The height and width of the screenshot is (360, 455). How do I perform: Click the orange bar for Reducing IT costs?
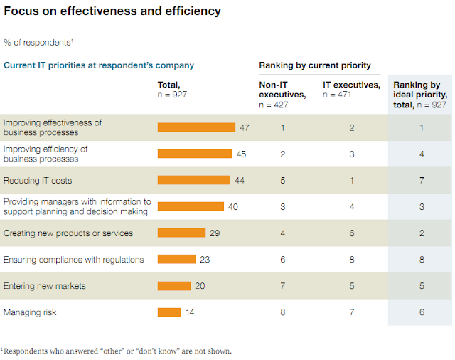point(193,180)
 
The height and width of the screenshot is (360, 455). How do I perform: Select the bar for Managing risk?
point(169,312)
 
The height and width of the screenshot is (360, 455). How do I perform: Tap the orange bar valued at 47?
point(196,127)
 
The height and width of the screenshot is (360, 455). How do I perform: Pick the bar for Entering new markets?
point(173,285)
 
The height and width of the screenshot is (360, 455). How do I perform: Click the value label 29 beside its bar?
point(215,233)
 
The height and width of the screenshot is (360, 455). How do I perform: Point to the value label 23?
point(205,259)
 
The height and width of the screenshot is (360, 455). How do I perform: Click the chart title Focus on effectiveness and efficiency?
point(112,11)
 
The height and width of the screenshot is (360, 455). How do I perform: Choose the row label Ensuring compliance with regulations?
point(74,259)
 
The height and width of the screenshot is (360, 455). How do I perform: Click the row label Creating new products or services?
point(68,233)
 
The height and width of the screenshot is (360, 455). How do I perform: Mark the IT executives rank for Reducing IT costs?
point(351,180)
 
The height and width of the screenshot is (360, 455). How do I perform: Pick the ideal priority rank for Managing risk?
point(422,312)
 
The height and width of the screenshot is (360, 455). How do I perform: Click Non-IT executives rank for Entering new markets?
point(282,285)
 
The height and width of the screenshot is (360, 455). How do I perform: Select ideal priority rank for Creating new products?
point(422,233)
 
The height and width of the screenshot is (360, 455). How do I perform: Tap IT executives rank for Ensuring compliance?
point(351,259)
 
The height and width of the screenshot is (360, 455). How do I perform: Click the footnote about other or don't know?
point(117,350)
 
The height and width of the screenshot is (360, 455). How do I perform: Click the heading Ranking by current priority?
point(315,65)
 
